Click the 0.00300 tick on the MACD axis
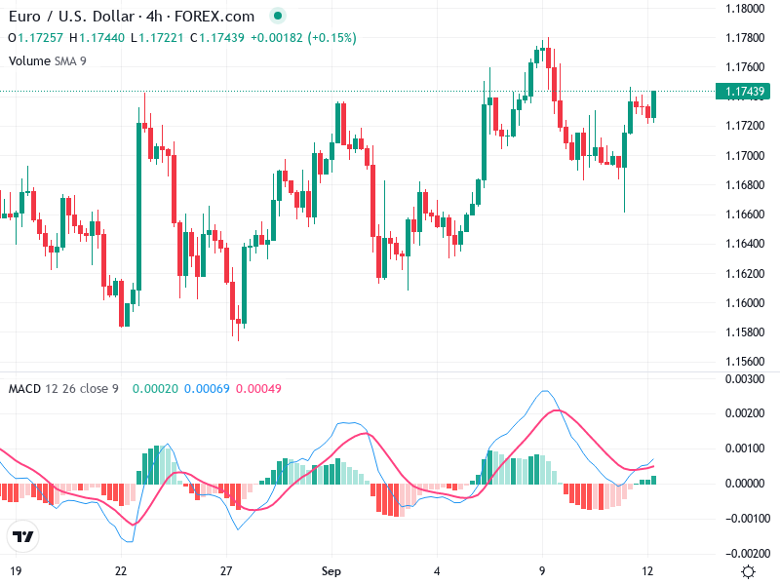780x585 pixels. [745, 378]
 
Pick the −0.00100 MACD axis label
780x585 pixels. [743, 518]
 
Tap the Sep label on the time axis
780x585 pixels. [331, 570]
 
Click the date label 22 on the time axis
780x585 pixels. [121, 570]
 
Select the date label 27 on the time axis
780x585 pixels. [226, 570]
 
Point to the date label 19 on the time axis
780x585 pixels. [16, 570]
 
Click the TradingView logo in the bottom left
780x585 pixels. [23, 536]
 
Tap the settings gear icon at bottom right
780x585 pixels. [748, 571]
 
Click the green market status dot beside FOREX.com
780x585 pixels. [278, 17]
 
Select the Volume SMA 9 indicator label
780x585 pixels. [47, 61]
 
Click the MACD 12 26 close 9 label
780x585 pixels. [63, 389]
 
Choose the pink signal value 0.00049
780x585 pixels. [261, 389]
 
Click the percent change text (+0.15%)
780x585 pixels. [332, 38]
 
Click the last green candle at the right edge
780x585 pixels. [654, 104]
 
